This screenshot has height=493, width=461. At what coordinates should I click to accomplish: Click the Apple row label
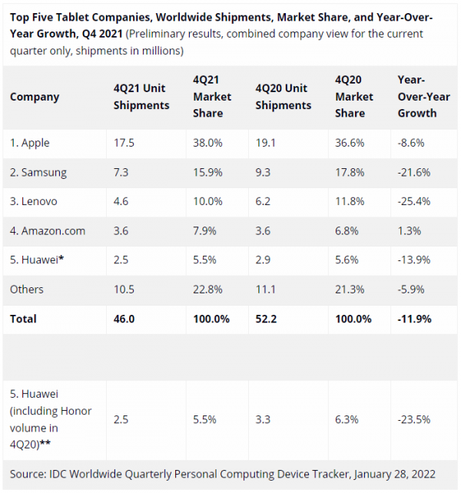[x=30, y=143]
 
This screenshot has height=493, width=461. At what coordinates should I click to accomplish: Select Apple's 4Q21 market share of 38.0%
[x=207, y=143]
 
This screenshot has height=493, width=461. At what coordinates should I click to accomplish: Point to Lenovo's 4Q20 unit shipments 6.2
[x=263, y=201]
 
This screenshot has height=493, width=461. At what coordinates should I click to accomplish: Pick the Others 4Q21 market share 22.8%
[x=207, y=289]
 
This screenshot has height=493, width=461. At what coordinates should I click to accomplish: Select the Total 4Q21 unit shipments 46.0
[x=125, y=318]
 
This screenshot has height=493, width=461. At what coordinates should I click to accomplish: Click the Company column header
[x=35, y=98]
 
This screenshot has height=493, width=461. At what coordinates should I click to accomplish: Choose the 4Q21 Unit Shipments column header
[x=141, y=98]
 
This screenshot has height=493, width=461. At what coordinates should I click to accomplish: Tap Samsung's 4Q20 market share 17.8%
[x=351, y=172]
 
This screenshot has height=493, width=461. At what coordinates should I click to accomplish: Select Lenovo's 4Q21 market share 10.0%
[x=207, y=201]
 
